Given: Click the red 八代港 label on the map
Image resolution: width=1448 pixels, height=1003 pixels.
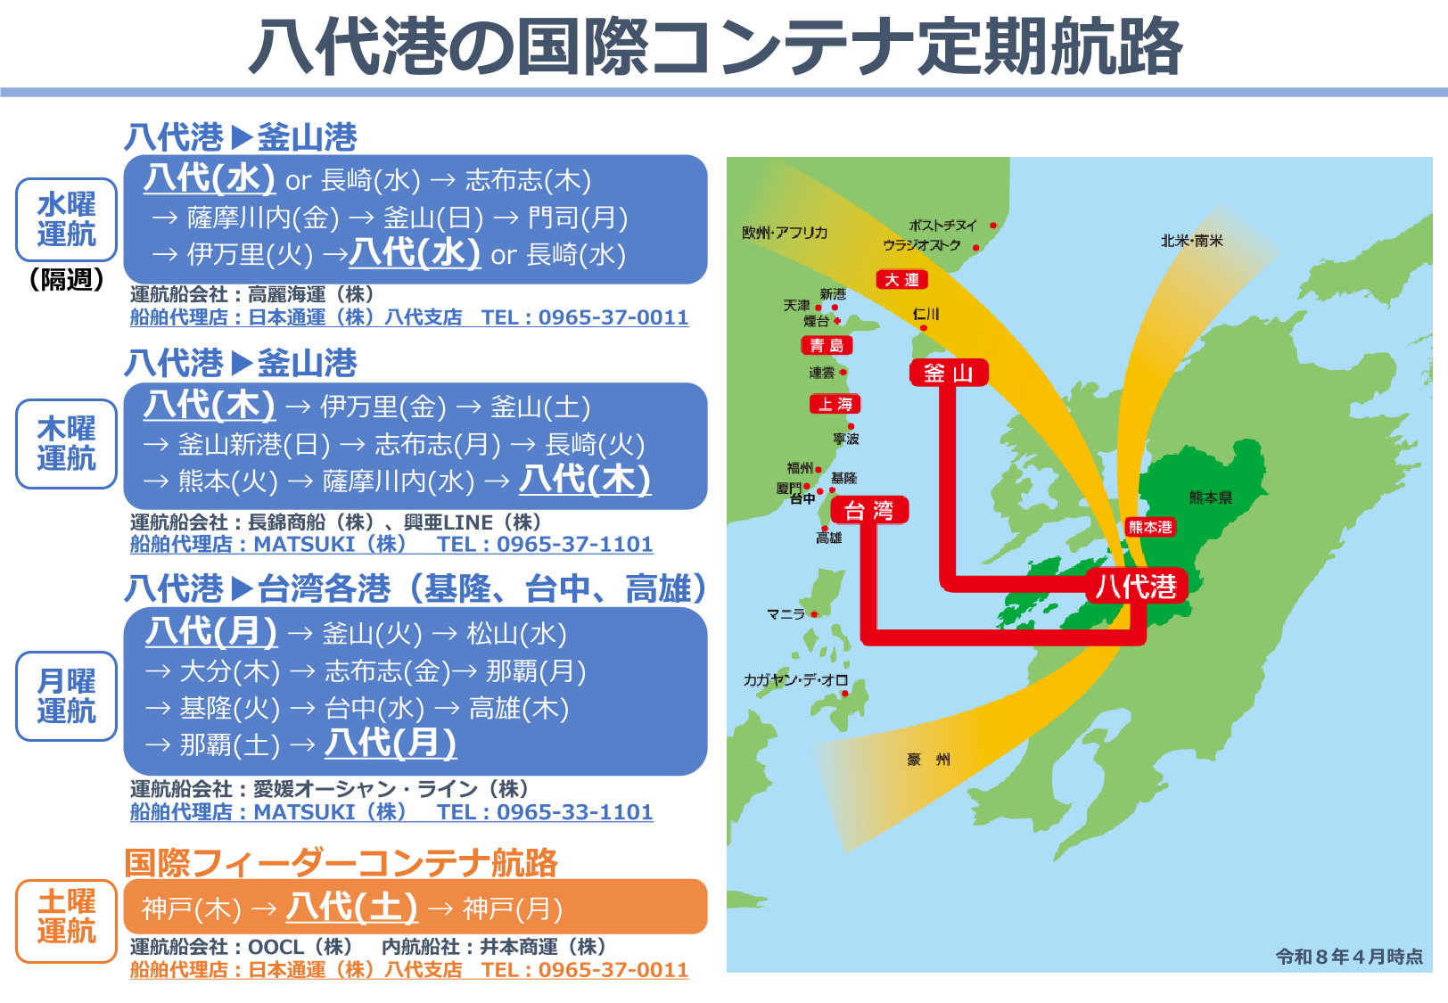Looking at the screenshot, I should click(1136, 586).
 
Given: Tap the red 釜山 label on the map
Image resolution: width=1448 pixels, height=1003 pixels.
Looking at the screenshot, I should click(949, 373).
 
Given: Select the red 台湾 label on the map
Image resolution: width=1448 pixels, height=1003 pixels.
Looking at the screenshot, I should click(869, 511).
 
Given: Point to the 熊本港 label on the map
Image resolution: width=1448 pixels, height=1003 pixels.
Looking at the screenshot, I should click(1150, 527).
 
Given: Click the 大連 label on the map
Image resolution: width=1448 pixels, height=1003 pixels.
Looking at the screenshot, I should click(901, 280).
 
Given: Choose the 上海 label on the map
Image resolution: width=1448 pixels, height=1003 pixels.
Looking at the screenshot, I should click(835, 404).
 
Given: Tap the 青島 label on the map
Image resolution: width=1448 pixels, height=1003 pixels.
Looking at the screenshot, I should click(827, 345).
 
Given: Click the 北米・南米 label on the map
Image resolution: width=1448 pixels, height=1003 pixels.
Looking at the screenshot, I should click(1191, 241).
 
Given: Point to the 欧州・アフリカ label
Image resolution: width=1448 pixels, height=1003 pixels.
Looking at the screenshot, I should click(785, 233).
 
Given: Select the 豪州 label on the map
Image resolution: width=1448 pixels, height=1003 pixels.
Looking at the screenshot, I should click(928, 760).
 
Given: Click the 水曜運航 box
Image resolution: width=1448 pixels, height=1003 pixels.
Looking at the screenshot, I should click(67, 219).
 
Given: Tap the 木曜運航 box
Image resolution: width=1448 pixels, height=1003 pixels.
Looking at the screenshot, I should click(67, 444).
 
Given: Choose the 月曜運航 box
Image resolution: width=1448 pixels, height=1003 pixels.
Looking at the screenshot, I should click(67, 696).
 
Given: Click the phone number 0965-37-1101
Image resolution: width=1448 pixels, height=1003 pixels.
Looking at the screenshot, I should click(574, 544).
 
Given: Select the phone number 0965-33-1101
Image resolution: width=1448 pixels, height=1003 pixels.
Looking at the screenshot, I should click(574, 812).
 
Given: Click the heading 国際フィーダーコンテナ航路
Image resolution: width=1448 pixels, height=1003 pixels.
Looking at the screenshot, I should click(341, 862).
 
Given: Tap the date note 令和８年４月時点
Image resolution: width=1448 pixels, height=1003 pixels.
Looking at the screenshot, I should click(1348, 957).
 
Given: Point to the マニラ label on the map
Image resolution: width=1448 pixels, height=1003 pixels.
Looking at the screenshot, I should click(786, 614).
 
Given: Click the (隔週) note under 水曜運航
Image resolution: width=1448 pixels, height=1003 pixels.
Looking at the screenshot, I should click(67, 280).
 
